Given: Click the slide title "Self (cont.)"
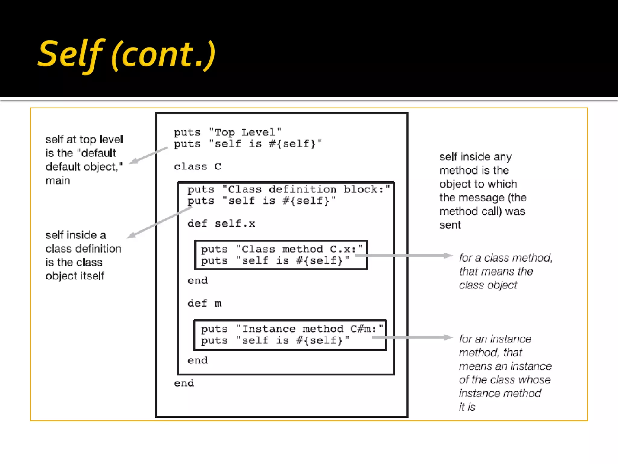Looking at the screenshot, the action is tap(127, 54).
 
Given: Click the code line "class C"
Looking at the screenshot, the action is tap(197, 166).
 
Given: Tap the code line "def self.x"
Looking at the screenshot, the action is tap(221, 224).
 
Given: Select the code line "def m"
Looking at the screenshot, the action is tap(204, 303).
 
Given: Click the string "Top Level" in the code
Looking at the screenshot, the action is tap(245, 132).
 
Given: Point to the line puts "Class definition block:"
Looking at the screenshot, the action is tap(288, 189).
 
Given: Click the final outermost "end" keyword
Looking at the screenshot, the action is tap(184, 383).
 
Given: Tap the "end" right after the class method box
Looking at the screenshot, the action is tap(197, 281).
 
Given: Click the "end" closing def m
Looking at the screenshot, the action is tap(197, 360).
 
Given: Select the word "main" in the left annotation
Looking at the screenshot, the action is tap(58, 180).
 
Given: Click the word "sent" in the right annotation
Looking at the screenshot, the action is tap(450, 225).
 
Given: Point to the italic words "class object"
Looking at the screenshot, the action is tap(488, 285).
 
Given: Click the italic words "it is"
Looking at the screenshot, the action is tap(467, 407).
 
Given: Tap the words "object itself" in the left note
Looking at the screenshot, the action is tap(75, 276).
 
